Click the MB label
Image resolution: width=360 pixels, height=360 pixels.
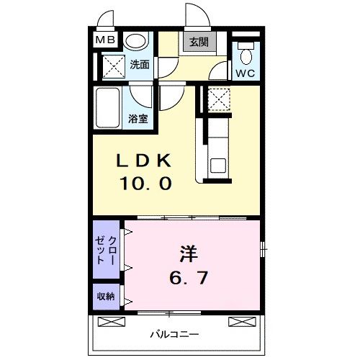tap(105, 41)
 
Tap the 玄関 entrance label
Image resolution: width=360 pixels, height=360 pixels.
tap(199, 42)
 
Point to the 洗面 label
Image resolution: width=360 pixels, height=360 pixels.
tap(140, 64)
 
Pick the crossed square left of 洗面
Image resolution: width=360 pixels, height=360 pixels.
tap(112, 66)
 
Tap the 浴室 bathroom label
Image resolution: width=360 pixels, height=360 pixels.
tap(139, 118)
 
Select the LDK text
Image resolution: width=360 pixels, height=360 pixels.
tap(146, 161)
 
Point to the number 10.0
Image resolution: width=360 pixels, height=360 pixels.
tap(146, 184)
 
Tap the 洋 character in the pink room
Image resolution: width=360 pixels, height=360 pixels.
tap(189, 254)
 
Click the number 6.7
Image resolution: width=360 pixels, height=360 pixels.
tap(189, 277)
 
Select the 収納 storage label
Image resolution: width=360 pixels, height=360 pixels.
tap(104, 294)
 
